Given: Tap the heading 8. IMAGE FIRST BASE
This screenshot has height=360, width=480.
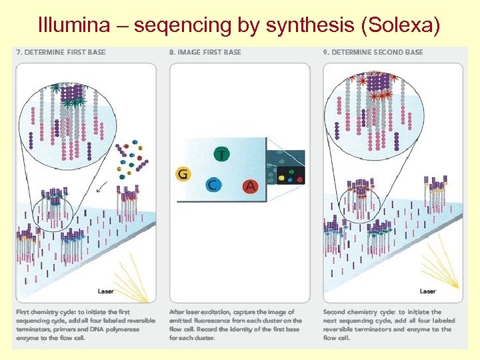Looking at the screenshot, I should coord(206,52).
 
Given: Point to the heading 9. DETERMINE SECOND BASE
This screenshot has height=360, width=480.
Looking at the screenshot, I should coord(373,52).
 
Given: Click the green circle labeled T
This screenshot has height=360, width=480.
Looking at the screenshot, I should coord(221,155).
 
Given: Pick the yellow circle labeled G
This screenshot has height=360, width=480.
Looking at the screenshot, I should coord(183,175).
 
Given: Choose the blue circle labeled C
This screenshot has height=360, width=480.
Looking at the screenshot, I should coord(213,185).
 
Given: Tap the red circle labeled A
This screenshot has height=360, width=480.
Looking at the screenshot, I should coord(250,186).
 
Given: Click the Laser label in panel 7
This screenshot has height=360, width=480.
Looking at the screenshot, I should coord(106,291).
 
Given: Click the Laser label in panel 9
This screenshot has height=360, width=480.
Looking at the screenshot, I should coord(427,291).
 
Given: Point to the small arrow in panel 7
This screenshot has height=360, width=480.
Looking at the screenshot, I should coord(101,189).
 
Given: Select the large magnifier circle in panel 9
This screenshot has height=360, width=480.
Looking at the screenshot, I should coord(377,114).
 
